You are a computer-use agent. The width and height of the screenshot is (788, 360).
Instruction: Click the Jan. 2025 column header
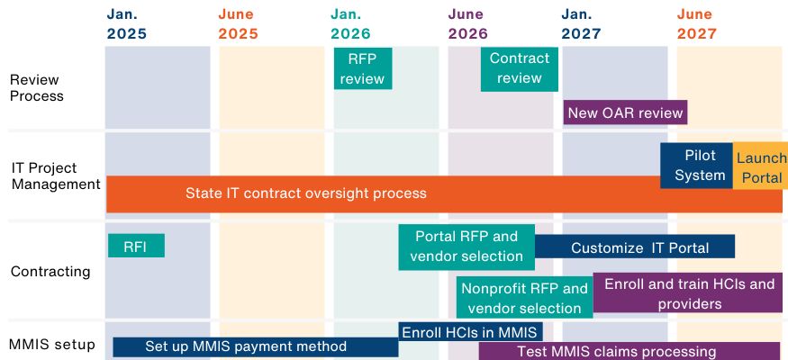point(127,24)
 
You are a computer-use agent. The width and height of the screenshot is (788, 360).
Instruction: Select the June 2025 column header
point(239,24)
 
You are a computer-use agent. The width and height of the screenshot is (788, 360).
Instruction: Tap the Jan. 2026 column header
point(350,24)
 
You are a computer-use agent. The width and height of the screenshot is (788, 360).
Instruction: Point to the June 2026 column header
point(468,24)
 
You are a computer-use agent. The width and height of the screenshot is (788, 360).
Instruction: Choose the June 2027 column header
point(696,24)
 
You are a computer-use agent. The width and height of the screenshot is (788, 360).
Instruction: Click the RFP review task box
point(363,68)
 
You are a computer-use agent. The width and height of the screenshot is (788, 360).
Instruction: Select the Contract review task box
point(519,68)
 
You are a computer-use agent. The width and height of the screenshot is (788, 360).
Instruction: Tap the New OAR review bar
point(625,112)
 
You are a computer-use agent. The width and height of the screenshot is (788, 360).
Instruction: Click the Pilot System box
point(696,166)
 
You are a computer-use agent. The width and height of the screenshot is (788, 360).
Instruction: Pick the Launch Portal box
point(760,166)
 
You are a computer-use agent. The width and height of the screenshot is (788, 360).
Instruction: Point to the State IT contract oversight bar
point(444,194)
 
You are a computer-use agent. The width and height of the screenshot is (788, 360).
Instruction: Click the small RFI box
point(136,246)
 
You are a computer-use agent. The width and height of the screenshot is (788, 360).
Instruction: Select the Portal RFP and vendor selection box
point(466,247)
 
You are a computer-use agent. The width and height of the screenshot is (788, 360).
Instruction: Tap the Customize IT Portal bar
point(635,247)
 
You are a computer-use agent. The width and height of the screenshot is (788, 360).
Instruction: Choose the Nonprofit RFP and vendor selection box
point(524,297)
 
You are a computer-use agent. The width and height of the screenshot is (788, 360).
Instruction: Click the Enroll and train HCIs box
point(687,292)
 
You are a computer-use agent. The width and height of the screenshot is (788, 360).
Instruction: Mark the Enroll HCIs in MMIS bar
point(470,331)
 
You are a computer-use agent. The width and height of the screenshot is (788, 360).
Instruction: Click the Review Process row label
point(36,88)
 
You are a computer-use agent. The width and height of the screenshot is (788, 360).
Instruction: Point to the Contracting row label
point(50,272)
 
